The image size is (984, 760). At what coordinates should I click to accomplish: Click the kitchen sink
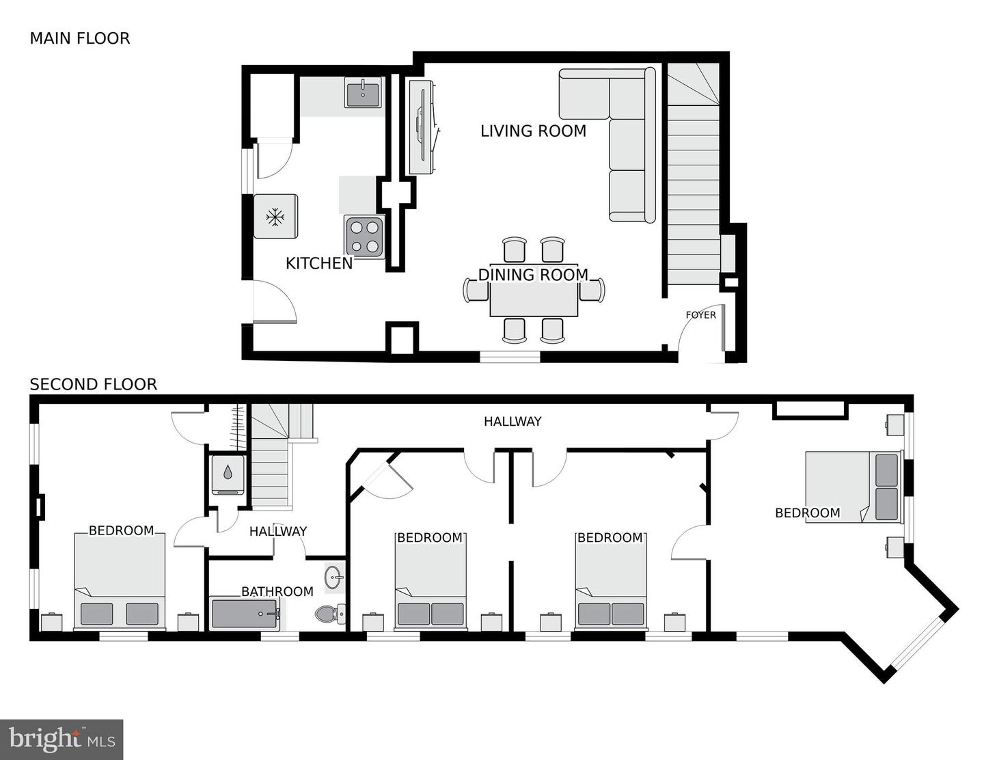pyautogui.click(x=363, y=94)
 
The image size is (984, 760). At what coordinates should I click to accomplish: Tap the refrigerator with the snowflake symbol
pyautogui.click(x=275, y=217)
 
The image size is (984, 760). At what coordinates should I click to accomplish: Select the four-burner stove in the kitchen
pyautogui.click(x=364, y=236)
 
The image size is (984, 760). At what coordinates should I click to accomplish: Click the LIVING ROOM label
pyautogui.click(x=533, y=131)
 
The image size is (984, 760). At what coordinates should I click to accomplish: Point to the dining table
pyautogui.click(x=534, y=300)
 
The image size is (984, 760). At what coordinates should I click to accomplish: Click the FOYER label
pyautogui.click(x=700, y=315)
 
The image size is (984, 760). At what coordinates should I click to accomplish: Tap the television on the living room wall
pyautogui.click(x=422, y=127)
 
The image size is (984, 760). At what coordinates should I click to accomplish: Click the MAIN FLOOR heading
pyautogui.click(x=79, y=38)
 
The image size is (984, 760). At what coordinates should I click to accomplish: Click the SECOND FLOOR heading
pyautogui.click(x=93, y=385)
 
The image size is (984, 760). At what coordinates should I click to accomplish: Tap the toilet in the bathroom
pyautogui.click(x=329, y=614)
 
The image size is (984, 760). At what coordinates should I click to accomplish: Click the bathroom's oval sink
pyautogui.click(x=334, y=578)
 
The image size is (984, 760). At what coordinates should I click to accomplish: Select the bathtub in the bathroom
pyautogui.click(x=245, y=613)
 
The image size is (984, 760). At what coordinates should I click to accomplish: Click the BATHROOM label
pyautogui.click(x=277, y=591)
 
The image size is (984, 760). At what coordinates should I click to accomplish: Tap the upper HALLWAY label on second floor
pyautogui.click(x=512, y=422)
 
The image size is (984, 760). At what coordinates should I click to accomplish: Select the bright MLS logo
pyautogui.click(x=61, y=739)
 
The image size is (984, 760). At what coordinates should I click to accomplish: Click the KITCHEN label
pyautogui.click(x=319, y=263)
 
